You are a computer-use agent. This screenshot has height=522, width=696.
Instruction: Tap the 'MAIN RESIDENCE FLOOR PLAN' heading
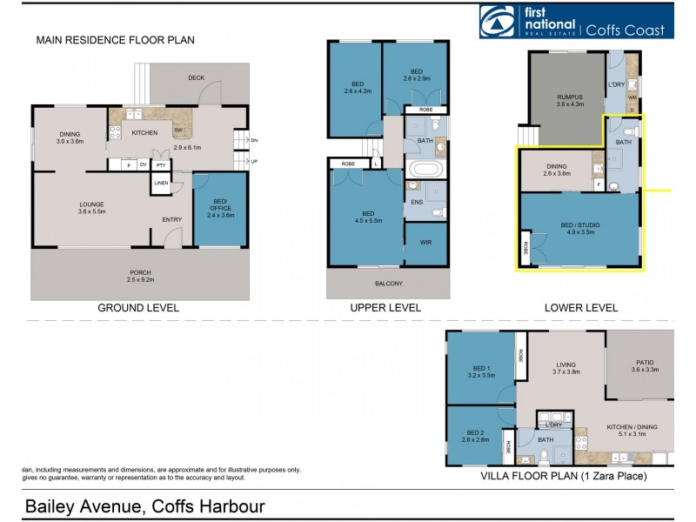115,40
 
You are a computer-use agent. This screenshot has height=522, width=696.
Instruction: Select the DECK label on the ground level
196,78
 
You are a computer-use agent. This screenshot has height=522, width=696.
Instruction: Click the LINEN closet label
161,183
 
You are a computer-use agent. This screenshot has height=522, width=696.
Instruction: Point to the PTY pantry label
161,164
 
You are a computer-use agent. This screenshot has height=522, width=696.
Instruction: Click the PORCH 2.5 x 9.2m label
141,276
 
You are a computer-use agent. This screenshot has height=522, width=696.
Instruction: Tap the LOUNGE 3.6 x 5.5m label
91,208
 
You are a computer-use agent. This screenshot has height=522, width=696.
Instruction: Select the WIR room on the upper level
425,243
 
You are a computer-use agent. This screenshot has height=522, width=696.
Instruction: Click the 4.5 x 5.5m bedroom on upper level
368,217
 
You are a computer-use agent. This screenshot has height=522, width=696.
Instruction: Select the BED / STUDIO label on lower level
579,229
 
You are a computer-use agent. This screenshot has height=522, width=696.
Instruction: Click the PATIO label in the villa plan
645,365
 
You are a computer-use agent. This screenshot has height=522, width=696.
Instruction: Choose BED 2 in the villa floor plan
475,436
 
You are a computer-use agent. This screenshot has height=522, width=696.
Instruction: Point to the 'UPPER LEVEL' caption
385,308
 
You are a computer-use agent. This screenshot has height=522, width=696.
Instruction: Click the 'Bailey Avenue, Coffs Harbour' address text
144,506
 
